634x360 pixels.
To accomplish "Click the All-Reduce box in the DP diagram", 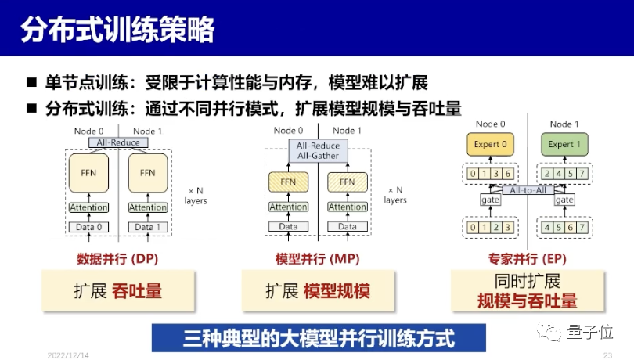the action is point(118,142).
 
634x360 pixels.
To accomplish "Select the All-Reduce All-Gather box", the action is point(318,150).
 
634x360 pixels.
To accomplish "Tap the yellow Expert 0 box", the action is point(490,145).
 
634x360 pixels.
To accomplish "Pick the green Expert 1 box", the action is point(564,145).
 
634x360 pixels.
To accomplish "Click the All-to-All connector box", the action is point(528,190).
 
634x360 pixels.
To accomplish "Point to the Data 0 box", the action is point(88,227).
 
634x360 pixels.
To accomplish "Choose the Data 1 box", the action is point(148,227).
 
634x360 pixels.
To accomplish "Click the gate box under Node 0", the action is point(490,200).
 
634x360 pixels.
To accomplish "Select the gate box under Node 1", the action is point(564,200).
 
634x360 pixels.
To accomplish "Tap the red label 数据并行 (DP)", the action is point(117,259).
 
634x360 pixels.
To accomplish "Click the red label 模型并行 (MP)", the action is point(318,259).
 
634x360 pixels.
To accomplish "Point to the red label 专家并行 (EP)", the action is point(528,259).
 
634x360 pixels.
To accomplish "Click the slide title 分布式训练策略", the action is point(117,29).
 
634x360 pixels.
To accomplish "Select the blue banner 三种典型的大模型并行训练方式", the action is point(319,338).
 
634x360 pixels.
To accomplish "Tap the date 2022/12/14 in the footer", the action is point(68,355).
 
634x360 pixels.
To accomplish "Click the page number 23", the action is point(607,355).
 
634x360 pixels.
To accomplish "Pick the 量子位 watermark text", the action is point(590,332).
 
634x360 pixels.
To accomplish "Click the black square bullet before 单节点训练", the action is point(31,83).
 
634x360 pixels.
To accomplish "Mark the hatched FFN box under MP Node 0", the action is point(288,182).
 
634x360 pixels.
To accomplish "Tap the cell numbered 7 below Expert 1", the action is point(582,174).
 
